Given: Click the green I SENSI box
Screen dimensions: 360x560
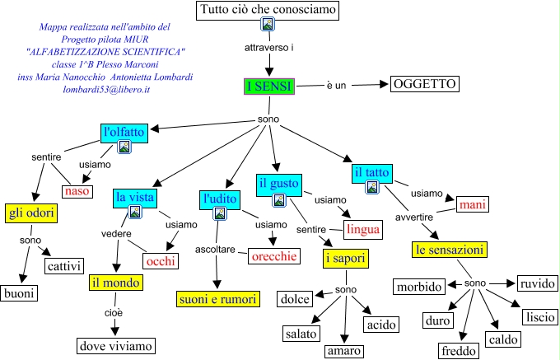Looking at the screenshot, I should click(x=268, y=86).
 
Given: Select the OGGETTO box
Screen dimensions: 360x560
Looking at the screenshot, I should click(x=423, y=84).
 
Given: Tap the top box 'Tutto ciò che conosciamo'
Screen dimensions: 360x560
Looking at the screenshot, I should click(x=268, y=11).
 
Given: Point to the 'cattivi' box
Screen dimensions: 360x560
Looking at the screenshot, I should click(x=66, y=265).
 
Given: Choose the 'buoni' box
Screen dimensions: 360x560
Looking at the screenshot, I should click(x=19, y=293).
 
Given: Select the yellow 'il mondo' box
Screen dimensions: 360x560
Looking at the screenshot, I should click(x=116, y=283).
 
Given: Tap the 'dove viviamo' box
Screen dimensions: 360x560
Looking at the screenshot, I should click(x=115, y=346).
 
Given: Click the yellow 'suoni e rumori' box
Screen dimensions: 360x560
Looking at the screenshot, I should click(x=217, y=298).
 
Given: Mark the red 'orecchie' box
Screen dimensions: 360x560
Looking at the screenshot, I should click(x=272, y=256).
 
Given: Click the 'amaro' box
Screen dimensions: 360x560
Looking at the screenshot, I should click(x=343, y=351).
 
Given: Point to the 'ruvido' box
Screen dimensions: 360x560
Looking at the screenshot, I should click(x=538, y=284).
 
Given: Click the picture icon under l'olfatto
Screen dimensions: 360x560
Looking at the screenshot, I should click(x=124, y=147).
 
